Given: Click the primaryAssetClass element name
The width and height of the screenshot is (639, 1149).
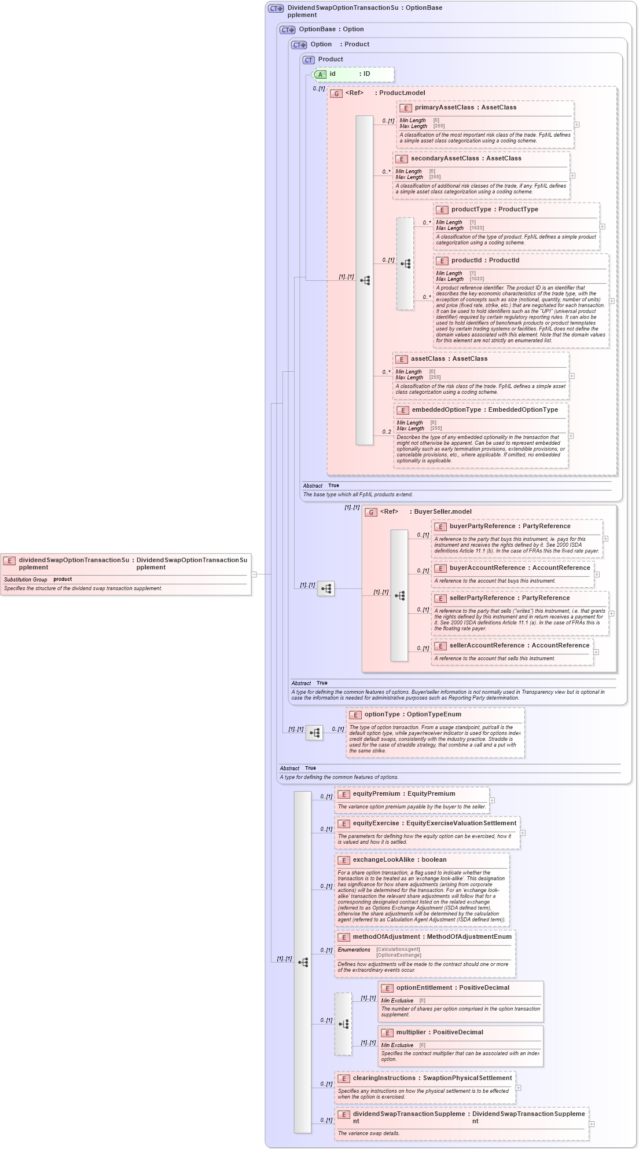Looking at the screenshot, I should (x=444, y=108).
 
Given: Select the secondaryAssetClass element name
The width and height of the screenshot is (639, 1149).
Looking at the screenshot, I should (x=445, y=159).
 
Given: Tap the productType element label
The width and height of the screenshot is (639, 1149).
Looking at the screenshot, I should (x=471, y=210).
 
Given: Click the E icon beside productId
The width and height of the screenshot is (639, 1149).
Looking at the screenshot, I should (x=442, y=261).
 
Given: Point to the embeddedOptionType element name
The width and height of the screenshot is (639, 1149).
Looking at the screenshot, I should (x=446, y=410).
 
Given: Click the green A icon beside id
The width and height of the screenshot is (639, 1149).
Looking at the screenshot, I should (x=319, y=75).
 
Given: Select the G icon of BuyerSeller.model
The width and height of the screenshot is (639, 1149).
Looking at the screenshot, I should (x=371, y=513).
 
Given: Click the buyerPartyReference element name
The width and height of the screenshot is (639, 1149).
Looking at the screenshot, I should (x=482, y=526).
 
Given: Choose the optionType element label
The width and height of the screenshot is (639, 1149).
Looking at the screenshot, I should (x=381, y=715).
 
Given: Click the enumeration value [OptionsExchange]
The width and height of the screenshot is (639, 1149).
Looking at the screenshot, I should (x=399, y=956).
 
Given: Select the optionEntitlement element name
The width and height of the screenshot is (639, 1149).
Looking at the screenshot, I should (x=424, y=988).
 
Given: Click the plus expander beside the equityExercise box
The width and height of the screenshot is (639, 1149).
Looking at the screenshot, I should (x=523, y=833).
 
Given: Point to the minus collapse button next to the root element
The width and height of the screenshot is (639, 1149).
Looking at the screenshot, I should (x=254, y=574).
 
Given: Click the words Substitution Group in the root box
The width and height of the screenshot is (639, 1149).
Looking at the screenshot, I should (x=25, y=580).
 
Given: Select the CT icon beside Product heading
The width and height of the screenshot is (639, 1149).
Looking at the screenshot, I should (x=309, y=60).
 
